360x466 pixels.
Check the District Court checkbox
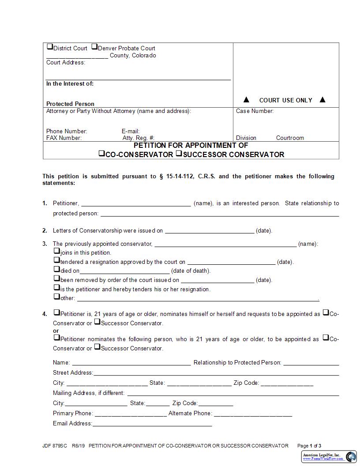click(x=49, y=47)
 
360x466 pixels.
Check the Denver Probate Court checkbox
click(x=94, y=47)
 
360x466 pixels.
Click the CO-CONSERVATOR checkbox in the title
click(x=101, y=154)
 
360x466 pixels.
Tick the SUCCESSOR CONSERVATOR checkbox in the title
click(x=179, y=154)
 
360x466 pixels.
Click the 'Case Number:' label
click(x=255, y=111)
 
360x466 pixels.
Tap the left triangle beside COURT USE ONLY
click(x=247, y=100)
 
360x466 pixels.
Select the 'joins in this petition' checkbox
click(x=56, y=251)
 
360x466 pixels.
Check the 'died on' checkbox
click(x=56, y=269)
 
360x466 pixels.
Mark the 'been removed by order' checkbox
click(x=56, y=278)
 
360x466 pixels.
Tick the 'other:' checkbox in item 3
click(x=56, y=297)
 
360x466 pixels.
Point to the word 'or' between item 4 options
click(x=56, y=331)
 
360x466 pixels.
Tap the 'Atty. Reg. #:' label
click(x=138, y=138)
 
